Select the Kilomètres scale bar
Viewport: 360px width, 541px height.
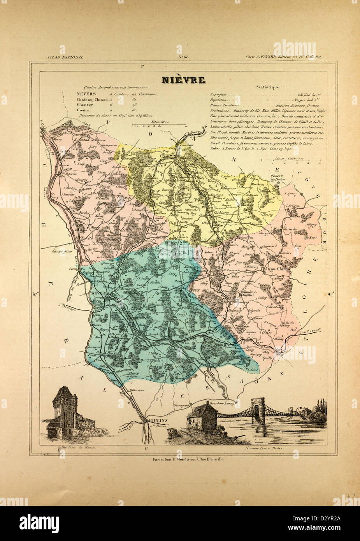(x=160, y=125)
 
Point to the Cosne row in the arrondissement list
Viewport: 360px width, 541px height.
(x=83, y=110)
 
